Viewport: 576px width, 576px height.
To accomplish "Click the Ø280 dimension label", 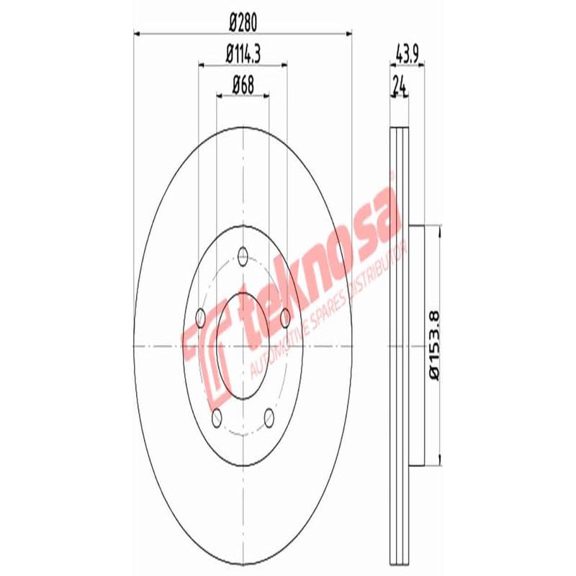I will pyautogui.click(x=243, y=22).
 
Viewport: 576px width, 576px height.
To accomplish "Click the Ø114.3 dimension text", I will pyautogui.click(x=243, y=53).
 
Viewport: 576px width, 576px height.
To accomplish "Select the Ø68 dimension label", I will pyautogui.click(x=243, y=84).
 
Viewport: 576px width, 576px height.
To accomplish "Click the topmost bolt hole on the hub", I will pyautogui.click(x=243, y=255).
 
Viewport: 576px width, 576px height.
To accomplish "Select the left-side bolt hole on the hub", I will pyautogui.click(x=200, y=316).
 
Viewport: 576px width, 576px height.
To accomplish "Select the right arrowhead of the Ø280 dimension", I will pyautogui.click(x=349, y=32).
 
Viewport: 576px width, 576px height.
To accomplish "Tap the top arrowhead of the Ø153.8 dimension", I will pyautogui.click(x=438, y=229).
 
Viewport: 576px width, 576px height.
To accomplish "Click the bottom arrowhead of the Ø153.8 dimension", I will pyautogui.click(x=438, y=462).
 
